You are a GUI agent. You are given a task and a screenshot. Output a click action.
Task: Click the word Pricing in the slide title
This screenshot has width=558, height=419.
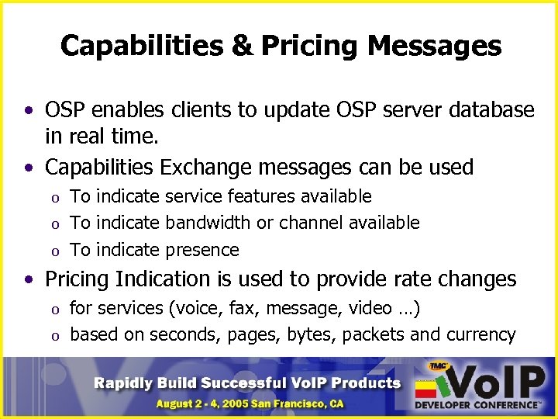(310, 47)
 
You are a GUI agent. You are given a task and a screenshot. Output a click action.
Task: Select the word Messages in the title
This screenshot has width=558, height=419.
(434, 47)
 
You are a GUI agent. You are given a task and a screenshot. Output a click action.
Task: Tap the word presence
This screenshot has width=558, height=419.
(202, 250)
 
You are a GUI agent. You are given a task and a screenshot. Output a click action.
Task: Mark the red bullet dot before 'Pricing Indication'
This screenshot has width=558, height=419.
(28, 279)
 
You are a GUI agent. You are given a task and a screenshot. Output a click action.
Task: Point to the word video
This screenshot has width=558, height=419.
(370, 309)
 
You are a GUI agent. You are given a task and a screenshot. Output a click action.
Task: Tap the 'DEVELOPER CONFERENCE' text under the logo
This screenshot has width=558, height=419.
(476, 405)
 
